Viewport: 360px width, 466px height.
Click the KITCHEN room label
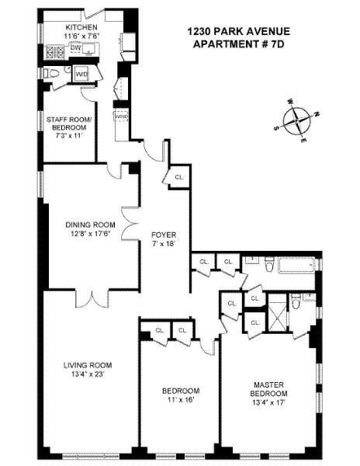[x=81, y=27]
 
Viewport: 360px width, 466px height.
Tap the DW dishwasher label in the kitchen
[x=76, y=47]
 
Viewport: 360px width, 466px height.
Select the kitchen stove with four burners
[x=56, y=51]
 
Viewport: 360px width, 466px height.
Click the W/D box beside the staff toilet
[x=81, y=74]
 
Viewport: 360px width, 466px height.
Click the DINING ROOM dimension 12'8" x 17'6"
[x=90, y=233]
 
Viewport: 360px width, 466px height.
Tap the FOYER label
[x=164, y=235]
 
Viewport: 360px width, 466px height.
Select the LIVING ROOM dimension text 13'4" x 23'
[x=88, y=374]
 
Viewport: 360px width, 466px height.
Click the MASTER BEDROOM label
[x=268, y=389]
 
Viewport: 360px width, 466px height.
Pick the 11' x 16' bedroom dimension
[x=180, y=400]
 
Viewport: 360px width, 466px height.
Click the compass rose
[x=296, y=121]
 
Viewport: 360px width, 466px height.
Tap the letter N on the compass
[x=317, y=114]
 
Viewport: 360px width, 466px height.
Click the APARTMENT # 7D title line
[x=238, y=44]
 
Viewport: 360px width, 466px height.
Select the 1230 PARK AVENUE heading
[x=238, y=32]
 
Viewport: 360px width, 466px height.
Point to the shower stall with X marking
[x=278, y=312]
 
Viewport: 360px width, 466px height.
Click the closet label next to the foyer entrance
[x=179, y=177]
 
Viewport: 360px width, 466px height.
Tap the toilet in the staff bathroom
[x=51, y=74]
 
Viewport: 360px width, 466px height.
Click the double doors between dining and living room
[x=92, y=299]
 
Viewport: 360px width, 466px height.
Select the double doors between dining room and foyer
[x=130, y=224]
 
